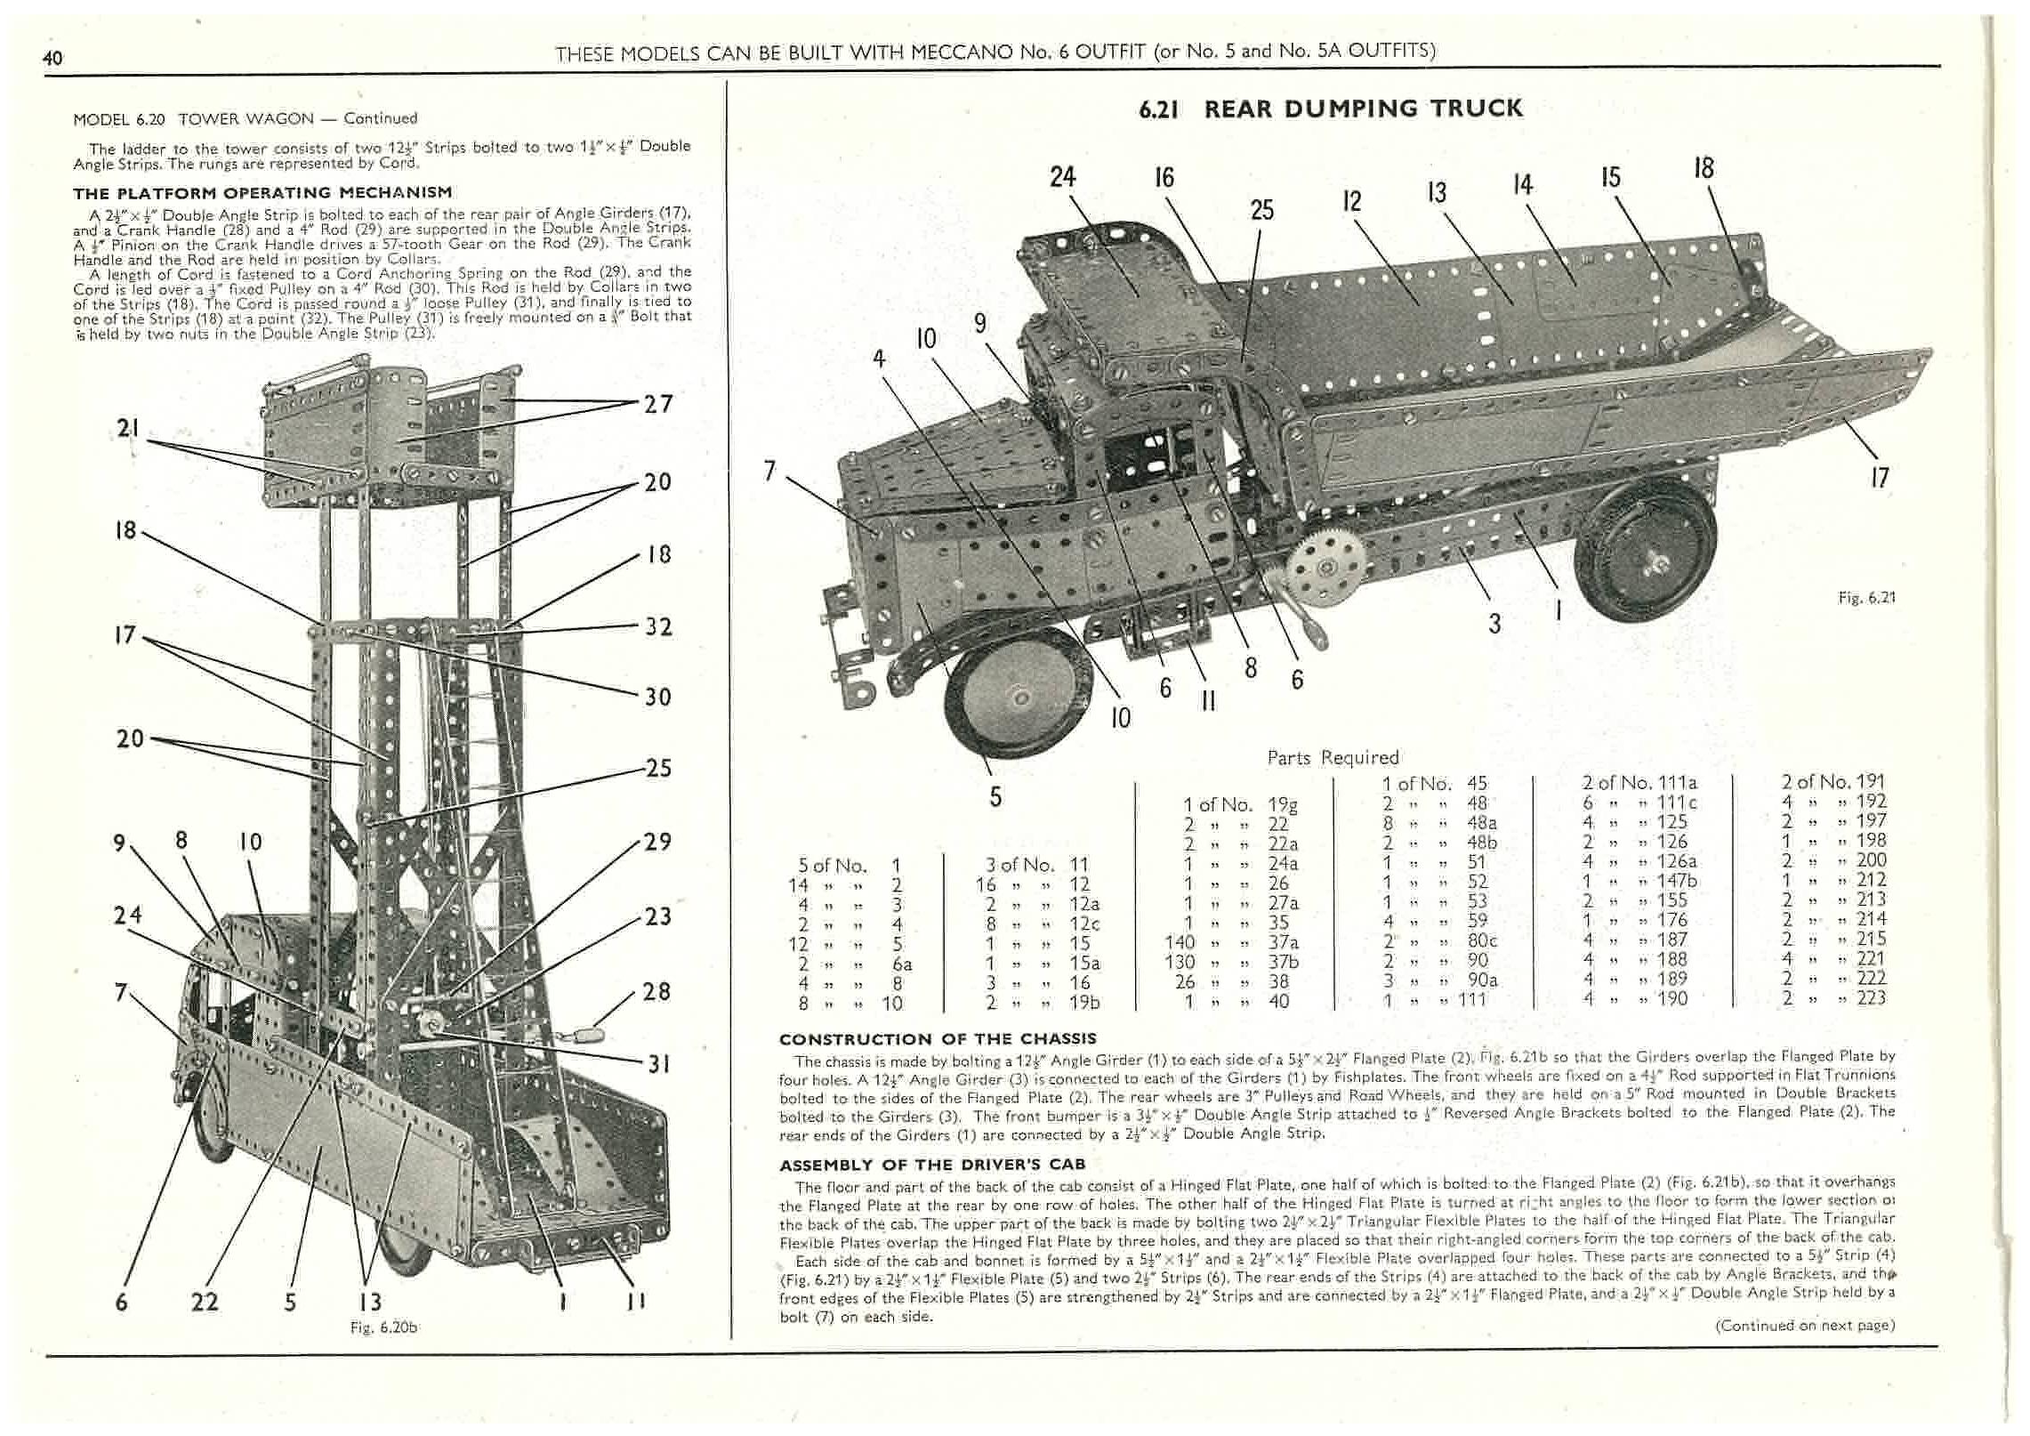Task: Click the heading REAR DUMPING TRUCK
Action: [1330, 109]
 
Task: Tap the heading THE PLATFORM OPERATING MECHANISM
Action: [262, 192]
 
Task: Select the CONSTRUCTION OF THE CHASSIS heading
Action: [938, 1038]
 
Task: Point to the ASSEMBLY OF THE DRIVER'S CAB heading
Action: [932, 1165]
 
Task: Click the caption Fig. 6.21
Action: [1866, 598]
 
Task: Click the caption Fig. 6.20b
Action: [384, 1327]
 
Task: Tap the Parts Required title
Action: [1333, 757]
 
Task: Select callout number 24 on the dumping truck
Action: [1063, 177]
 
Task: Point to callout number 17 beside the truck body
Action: [1879, 478]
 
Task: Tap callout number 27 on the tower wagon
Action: [657, 404]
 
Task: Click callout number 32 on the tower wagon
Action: [657, 626]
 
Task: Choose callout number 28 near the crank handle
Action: [657, 991]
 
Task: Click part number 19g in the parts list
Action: [1282, 805]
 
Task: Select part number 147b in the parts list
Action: [1677, 881]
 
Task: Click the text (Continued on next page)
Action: [1804, 1325]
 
